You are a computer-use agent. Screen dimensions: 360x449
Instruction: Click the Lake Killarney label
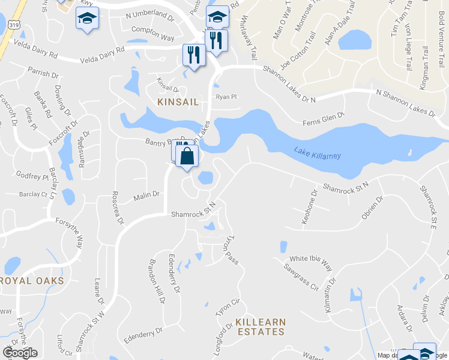[x=318, y=152]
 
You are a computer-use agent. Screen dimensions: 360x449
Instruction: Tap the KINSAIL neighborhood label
[x=178, y=102]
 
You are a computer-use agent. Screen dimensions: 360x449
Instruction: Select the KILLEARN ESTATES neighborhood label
[x=261, y=326]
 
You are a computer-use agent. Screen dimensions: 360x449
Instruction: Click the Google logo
[x=19, y=353]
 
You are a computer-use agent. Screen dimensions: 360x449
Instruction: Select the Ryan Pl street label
[x=227, y=97]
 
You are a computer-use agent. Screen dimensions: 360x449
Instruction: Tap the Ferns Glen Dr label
[x=325, y=118]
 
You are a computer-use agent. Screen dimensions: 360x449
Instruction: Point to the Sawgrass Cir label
[x=301, y=277]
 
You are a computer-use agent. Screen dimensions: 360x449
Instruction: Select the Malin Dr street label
[x=146, y=194]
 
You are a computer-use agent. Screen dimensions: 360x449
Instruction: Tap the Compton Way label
[x=152, y=37]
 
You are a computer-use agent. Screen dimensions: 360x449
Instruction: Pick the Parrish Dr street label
[x=43, y=74]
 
